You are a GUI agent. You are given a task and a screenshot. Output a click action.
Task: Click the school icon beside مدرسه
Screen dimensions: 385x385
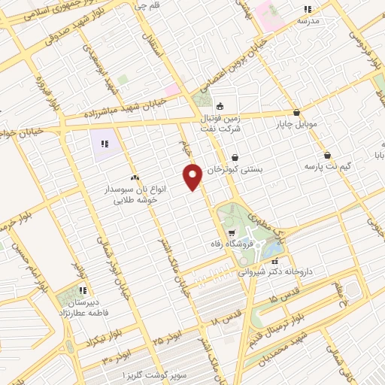pos(307,9)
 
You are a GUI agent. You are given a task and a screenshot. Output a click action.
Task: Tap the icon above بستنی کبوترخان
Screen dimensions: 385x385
pos(236,157)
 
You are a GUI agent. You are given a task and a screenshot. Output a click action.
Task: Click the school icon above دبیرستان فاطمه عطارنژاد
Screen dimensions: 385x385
pos(83,290)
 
